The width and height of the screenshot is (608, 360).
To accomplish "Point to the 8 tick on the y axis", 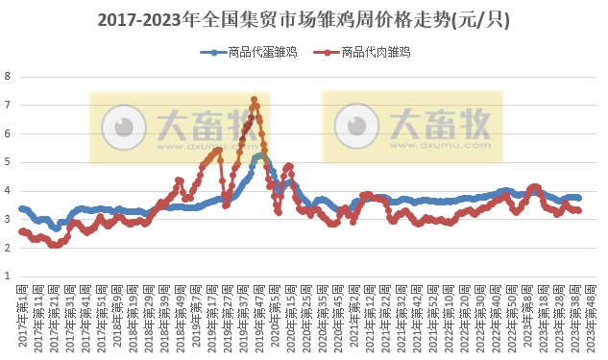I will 8,76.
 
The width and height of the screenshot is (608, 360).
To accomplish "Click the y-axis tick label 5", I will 8,162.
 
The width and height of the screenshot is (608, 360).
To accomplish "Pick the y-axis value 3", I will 8,220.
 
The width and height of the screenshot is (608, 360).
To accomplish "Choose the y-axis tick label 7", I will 8,105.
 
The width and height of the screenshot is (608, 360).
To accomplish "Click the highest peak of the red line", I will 254,99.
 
